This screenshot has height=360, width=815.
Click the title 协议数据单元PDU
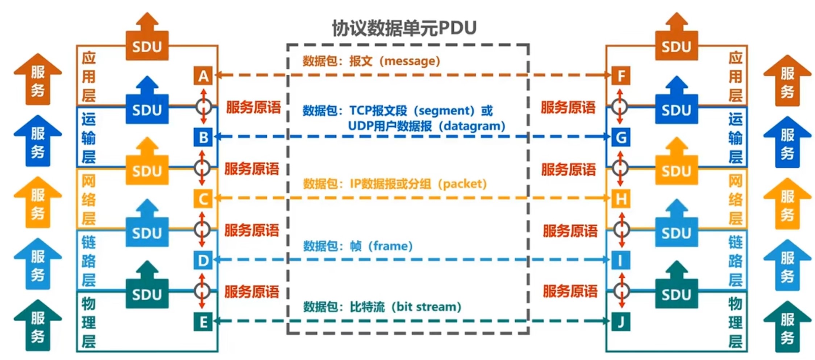tap(404, 28)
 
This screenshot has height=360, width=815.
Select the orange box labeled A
tap(203, 76)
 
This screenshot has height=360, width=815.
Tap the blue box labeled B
tap(203, 137)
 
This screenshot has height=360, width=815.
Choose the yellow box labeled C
tap(203, 199)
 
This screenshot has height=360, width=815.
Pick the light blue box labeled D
tap(203, 260)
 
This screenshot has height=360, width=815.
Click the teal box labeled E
tap(203, 322)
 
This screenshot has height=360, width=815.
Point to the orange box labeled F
tap(621, 76)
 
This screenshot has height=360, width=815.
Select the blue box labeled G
tap(621, 137)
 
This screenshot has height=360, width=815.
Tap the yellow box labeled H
tap(621, 199)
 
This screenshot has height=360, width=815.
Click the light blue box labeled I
tap(621, 260)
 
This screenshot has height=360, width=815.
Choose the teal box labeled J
tap(621, 322)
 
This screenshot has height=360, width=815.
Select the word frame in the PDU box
tap(390, 246)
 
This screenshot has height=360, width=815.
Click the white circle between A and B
tap(204, 107)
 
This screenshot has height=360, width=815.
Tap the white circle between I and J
tap(622, 290)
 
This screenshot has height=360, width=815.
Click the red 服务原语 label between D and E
tap(252, 291)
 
